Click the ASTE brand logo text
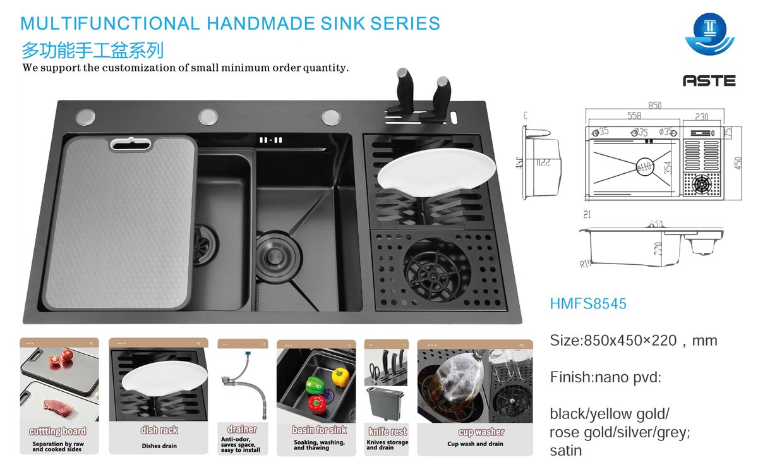(709, 81)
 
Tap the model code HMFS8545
(588, 304)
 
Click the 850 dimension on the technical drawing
(655, 106)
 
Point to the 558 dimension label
(634, 116)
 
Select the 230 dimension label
(701, 116)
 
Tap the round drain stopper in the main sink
(273, 245)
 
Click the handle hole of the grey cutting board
(131, 144)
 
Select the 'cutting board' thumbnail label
(57, 431)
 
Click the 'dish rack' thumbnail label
(159, 430)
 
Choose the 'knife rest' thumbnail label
(387, 432)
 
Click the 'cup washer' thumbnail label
(481, 432)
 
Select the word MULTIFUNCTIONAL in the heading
(110, 24)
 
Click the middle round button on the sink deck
(208, 117)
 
